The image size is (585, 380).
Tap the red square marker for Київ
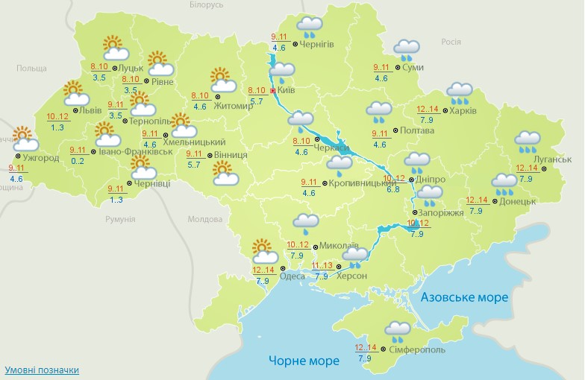tap(273, 91)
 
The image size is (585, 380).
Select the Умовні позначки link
tap(42, 370)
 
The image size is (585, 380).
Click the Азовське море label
tap(464, 297)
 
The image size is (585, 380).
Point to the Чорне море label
tap(304, 361)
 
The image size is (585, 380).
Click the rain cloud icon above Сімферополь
tap(396, 330)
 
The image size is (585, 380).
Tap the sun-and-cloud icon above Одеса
tap(263, 249)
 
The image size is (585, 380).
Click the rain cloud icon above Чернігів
tap(309, 28)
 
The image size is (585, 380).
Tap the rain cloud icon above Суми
tap(407, 50)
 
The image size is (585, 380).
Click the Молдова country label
tap(204, 220)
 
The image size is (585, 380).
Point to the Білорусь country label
tap(206, 4)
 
